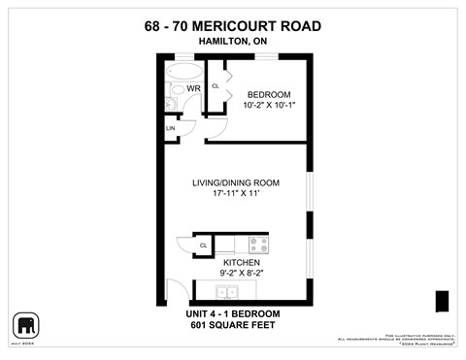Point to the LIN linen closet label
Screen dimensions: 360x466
[x=170, y=128]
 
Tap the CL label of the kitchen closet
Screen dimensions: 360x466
[x=204, y=245]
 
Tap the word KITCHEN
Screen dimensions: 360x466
[x=242, y=263]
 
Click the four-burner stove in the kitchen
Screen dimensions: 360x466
[x=257, y=245]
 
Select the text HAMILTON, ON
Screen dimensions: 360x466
[x=233, y=41]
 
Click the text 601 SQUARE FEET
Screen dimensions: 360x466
[x=233, y=325]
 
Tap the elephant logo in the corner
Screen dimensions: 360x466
[x=25, y=324]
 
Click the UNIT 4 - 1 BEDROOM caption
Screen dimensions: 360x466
[x=233, y=312]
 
